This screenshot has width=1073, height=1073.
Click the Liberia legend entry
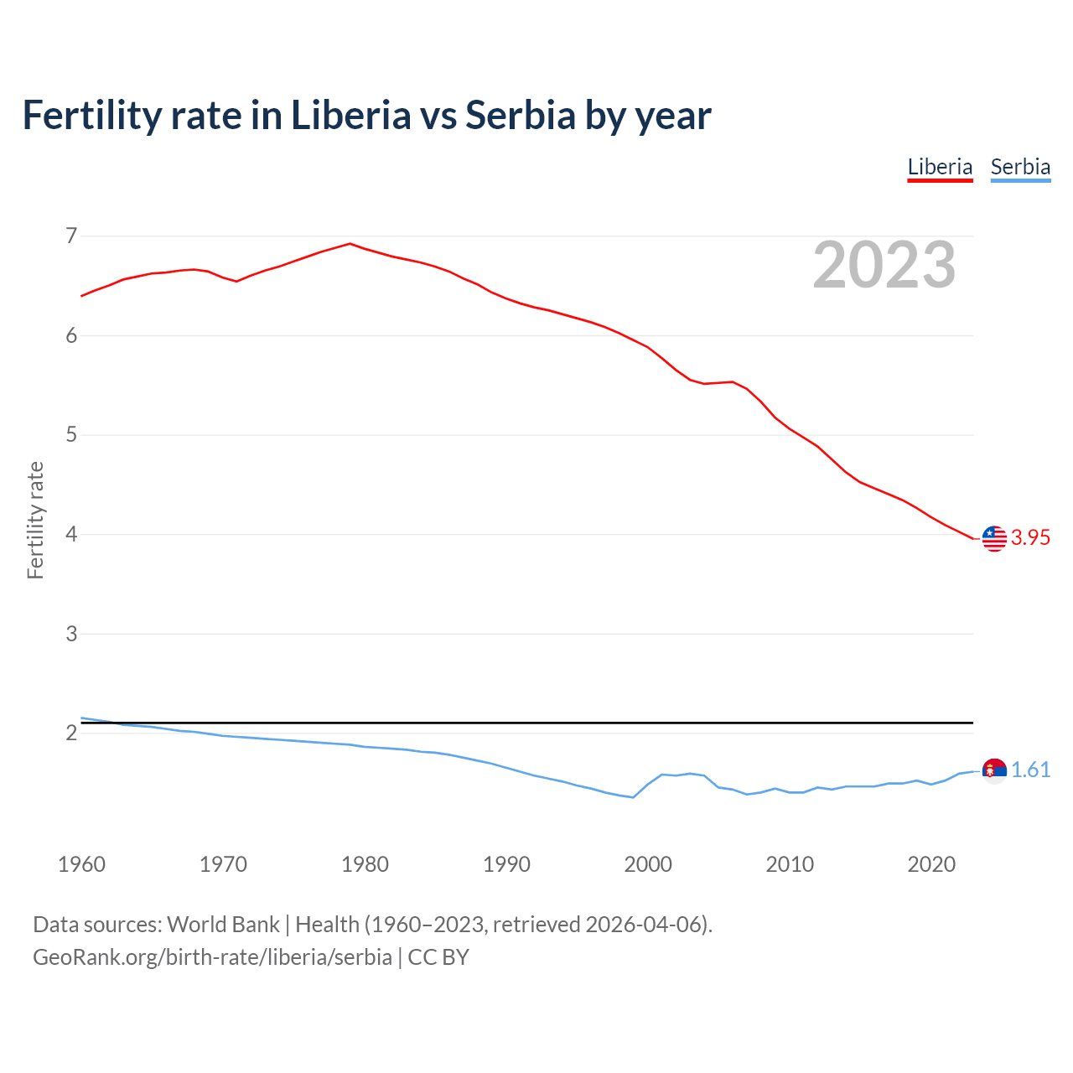click(940, 167)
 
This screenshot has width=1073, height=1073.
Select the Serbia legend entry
click(1020, 167)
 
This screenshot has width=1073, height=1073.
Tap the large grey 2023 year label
click(884, 265)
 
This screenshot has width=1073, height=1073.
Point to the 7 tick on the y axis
click(71, 236)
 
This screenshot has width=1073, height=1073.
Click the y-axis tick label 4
click(71, 534)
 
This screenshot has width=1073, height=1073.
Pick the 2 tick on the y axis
click(71, 733)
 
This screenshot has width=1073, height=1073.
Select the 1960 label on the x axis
click(81, 864)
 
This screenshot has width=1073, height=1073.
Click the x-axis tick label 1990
click(506, 864)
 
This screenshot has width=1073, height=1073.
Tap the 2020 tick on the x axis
click(931, 864)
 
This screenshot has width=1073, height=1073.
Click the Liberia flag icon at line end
click(994, 538)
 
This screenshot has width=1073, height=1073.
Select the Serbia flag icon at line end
click(994, 770)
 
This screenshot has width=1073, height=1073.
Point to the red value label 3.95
click(1030, 538)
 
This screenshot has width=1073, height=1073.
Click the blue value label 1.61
click(1030, 770)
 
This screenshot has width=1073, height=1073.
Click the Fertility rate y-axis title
click(35, 520)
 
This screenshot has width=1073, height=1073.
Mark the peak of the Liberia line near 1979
click(350, 244)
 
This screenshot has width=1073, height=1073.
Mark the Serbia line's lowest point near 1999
click(633, 797)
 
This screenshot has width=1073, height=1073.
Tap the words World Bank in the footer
click(223, 925)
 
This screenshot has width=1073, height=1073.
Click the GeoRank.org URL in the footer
click(212, 957)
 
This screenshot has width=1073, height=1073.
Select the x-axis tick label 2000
click(648, 864)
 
